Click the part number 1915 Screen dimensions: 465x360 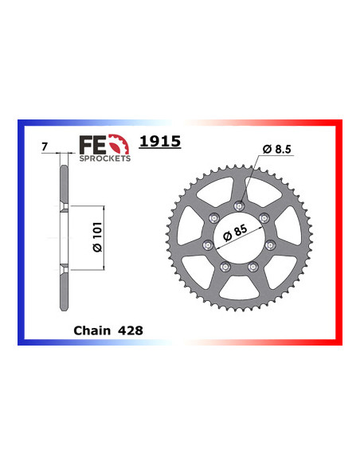pos(160,143)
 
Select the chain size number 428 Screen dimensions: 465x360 pos(128,329)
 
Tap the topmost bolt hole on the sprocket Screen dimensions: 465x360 pos(237,207)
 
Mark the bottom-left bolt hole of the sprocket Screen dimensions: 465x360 pos(224,267)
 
